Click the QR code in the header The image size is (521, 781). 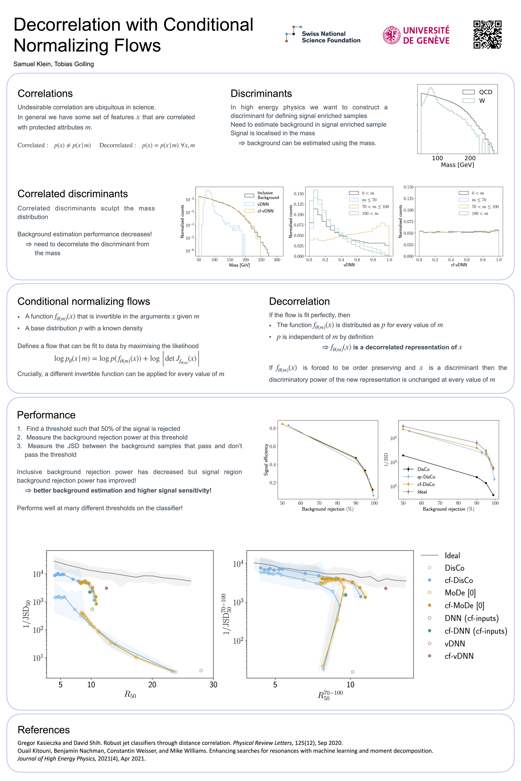487,34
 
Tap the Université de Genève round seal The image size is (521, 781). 391,35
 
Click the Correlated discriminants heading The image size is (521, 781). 72,194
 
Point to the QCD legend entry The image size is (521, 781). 485,92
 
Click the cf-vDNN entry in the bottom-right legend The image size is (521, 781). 459,656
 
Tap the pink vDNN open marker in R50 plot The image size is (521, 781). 201,670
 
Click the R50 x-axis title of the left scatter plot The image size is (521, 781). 130,694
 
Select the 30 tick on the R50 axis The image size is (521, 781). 213,684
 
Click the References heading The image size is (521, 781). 43,729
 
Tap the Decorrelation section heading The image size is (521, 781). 299,301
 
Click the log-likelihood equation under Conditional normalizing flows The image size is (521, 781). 126,359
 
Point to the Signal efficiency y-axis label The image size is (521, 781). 266,460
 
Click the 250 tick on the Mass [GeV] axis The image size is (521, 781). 261,260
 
